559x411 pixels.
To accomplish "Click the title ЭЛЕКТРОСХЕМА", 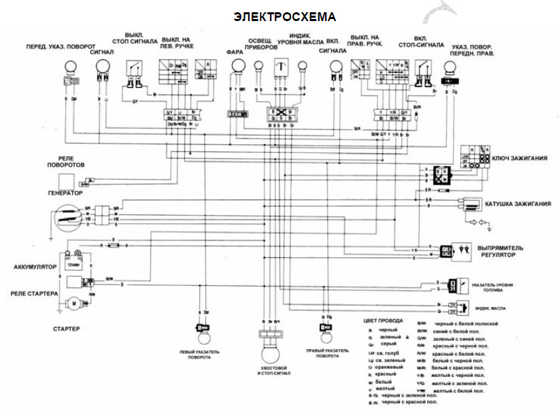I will click(x=285, y=16).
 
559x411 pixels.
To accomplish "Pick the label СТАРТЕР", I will click(x=66, y=329).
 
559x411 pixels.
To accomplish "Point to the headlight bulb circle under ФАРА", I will click(x=237, y=66).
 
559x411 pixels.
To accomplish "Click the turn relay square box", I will click(x=66, y=181).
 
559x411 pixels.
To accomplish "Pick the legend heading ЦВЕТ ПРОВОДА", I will click(x=384, y=320).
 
